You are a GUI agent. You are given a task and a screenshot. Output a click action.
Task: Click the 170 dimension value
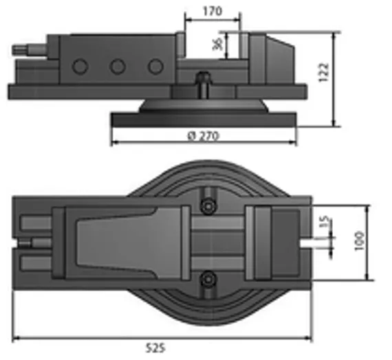click(212, 11)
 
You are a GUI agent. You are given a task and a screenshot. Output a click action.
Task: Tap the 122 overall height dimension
click(325, 72)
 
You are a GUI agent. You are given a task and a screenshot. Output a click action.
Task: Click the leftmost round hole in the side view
click(80, 67)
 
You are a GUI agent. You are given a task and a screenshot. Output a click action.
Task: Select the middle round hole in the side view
click(118, 67)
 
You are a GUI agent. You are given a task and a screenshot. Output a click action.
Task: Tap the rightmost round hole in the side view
click(156, 67)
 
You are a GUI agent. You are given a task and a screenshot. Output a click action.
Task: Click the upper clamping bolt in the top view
click(207, 205)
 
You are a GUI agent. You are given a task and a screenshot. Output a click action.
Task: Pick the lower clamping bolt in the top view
click(207, 278)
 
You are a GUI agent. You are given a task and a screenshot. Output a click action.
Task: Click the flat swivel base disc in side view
click(204, 119)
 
